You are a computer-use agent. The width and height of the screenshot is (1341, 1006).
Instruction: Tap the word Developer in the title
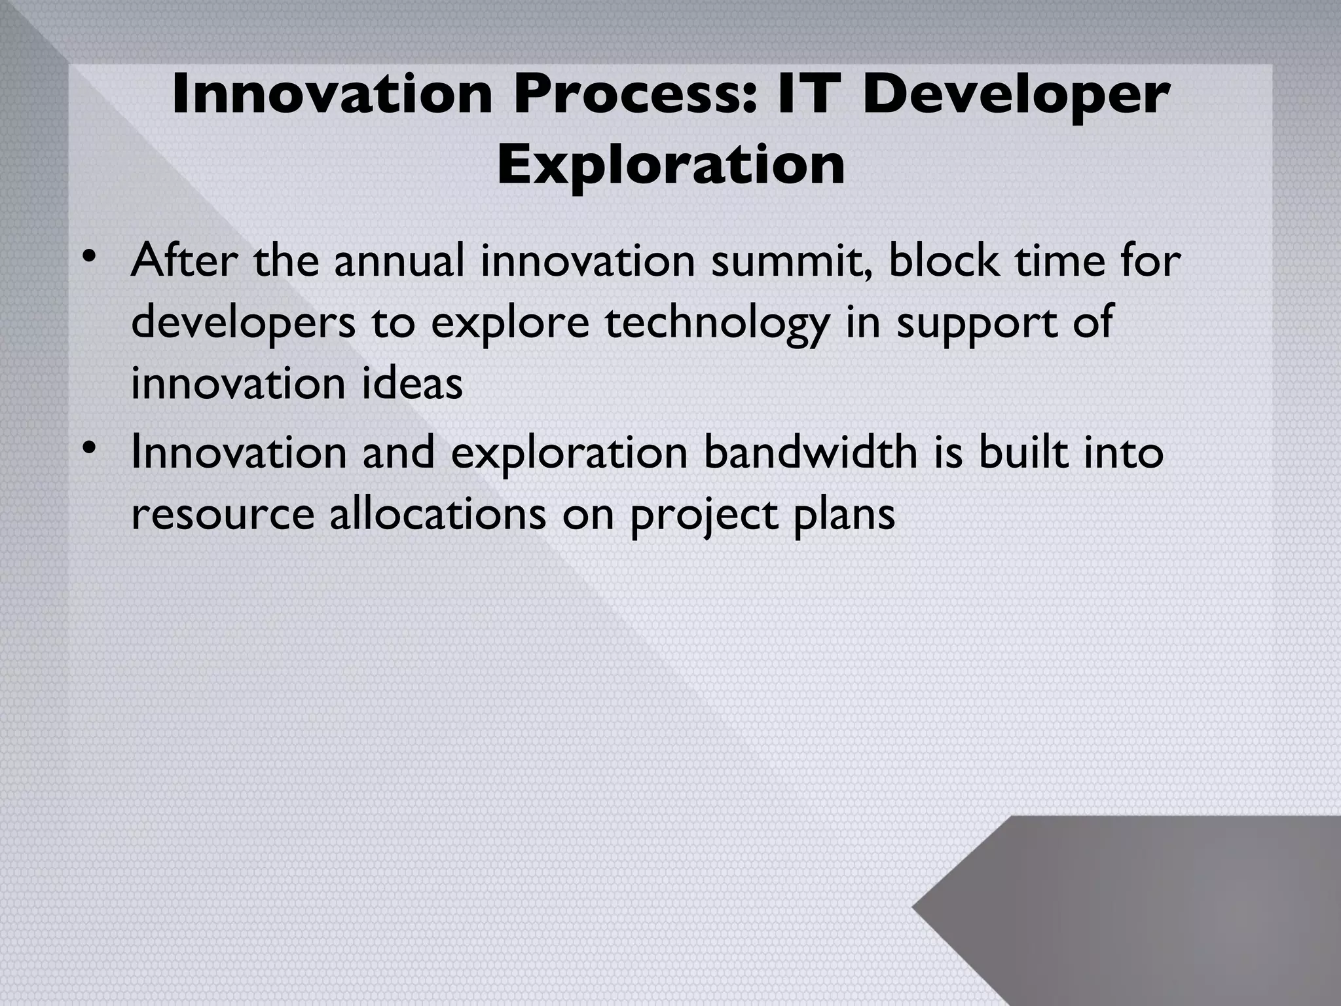1015,95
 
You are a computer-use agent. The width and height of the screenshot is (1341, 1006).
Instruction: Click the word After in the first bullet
185,261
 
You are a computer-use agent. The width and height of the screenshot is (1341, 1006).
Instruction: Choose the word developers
243,322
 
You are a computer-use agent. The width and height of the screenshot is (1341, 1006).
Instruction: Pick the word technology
716,322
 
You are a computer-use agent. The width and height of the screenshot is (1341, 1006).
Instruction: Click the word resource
223,513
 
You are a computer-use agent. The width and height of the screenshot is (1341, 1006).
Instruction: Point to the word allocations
437,513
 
